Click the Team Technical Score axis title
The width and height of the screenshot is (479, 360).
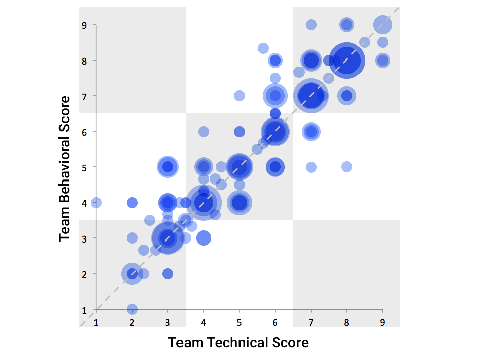pyautogui.click(x=238, y=343)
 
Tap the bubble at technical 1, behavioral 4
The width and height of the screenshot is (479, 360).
pyautogui.click(x=96, y=203)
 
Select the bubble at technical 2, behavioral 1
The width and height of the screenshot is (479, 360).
pyautogui.click(x=132, y=309)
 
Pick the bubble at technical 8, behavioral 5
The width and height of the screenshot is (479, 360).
pyautogui.click(x=347, y=167)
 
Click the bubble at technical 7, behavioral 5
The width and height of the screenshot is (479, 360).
pyautogui.click(x=311, y=167)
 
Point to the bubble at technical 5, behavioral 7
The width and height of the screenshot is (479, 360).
pyautogui.click(x=239, y=96)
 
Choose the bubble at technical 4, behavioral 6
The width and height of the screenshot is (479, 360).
pyautogui.click(x=204, y=132)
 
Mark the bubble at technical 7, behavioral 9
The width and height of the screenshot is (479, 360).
pyautogui.click(x=311, y=25)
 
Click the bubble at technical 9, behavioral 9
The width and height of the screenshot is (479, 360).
pyautogui.click(x=383, y=25)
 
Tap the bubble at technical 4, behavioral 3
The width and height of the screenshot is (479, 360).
pyautogui.click(x=204, y=238)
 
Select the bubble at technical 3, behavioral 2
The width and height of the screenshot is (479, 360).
pyautogui.click(x=168, y=274)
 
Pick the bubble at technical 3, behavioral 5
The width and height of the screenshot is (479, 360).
pyautogui.click(x=168, y=167)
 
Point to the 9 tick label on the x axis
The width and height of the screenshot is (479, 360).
pyautogui.click(x=383, y=322)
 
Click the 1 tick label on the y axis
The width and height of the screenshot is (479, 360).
pyautogui.click(x=85, y=309)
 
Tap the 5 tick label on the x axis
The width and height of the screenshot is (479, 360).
pyautogui.click(x=239, y=322)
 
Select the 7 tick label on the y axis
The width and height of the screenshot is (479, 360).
pyautogui.click(x=85, y=96)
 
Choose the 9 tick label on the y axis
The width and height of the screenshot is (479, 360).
pyautogui.click(x=85, y=25)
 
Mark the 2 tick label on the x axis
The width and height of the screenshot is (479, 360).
pyautogui.click(x=132, y=322)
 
